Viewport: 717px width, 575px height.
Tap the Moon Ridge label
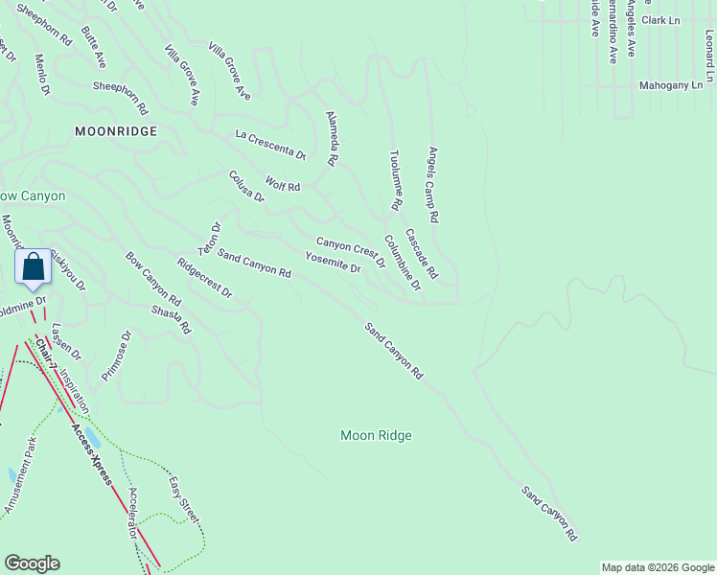click(376, 436)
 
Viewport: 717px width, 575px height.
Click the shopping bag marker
click(33, 268)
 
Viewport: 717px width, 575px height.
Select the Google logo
click(33, 563)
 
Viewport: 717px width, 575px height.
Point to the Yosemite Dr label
click(333, 263)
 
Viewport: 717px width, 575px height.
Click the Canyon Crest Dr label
click(351, 252)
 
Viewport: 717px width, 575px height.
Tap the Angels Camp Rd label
click(432, 185)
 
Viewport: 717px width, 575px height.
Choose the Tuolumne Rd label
click(395, 179)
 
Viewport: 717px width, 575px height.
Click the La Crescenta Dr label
click(270, 146)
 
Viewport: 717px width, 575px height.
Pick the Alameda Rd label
click(332, 139)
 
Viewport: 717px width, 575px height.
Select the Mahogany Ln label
click(671, 85)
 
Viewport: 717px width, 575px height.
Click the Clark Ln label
click(660, 20)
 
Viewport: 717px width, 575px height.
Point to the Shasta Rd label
click(172, 320)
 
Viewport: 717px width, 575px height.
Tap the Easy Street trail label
click(184, 499)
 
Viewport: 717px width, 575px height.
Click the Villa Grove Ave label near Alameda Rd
click(230, 71)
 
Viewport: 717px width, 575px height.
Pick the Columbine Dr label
click(403, 263)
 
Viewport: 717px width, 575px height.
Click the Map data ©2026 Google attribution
click(658, 567)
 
